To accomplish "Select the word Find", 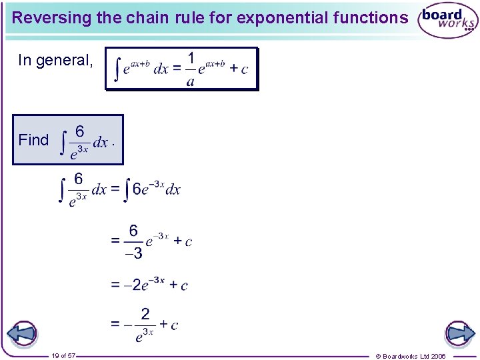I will click(x=33, y=140).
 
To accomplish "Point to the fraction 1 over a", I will click(x=190, y=69).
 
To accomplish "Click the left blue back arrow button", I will click(x=21, y=334).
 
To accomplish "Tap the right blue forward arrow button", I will click(x=459, y=334).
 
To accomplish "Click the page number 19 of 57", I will click(x=64, y=356).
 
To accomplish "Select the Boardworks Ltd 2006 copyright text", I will click(x=411, y=356).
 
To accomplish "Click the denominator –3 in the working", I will click(x=134, y=253).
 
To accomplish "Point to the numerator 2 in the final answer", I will click(x=144, y=313).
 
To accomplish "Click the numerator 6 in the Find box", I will click(x=79, y=130).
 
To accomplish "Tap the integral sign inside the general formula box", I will click(x=118, y=69).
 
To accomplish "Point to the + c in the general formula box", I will click(x=239, y=69).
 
